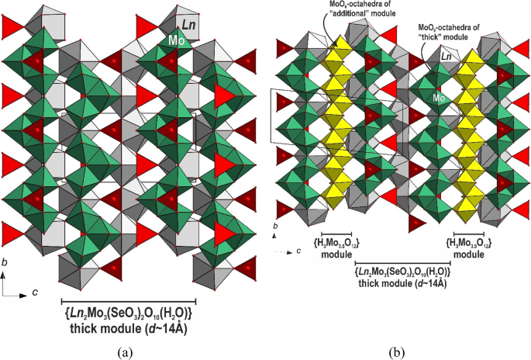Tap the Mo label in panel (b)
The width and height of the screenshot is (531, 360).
click(439, 99)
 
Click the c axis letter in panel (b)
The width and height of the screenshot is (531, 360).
click(298, 251)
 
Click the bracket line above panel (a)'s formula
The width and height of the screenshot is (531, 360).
click(128, 301)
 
